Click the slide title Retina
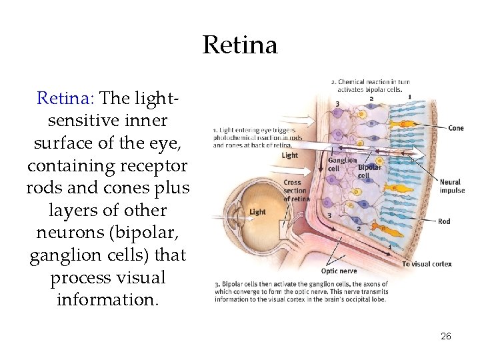coord(239,45)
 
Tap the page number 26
coord(446,336)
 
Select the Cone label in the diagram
coord(456,128)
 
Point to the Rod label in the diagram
coord(444,221)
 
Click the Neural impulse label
coord(451,186)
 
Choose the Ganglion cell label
coord(341,164)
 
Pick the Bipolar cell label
coord(369,171)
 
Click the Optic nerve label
coord(339,271)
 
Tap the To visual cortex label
coord(427,264)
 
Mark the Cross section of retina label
coord(296,191)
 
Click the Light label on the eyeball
coord(257,212)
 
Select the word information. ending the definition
coord(108,300)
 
